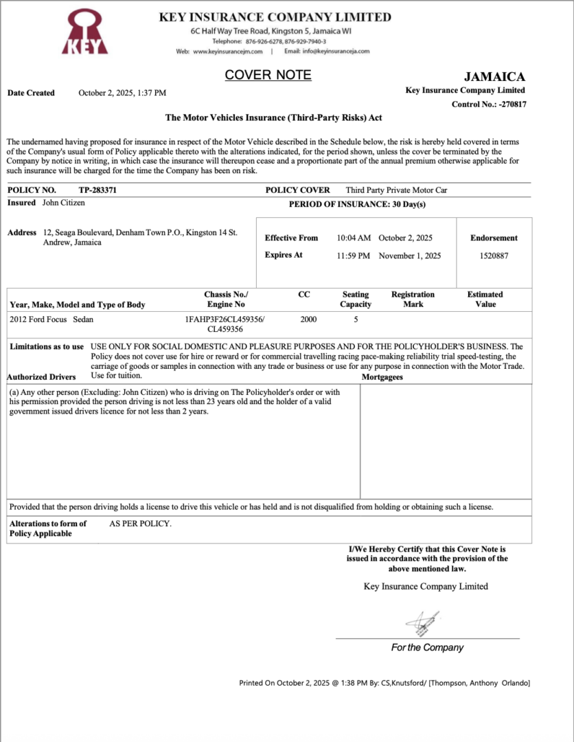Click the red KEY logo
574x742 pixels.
85,32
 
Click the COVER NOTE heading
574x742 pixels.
268,75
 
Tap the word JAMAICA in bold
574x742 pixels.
494,77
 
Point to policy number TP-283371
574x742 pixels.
97,190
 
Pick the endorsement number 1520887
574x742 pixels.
494,255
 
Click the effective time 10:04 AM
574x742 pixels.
354,238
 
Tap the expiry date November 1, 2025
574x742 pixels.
409,255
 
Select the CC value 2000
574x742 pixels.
308,319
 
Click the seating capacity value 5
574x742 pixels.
356,319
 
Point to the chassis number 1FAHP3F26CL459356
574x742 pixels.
225,319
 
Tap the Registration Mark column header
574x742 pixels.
413,299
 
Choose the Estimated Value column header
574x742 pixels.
485,299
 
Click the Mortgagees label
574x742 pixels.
382,377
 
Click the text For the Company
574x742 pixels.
427,647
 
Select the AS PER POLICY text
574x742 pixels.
140,524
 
